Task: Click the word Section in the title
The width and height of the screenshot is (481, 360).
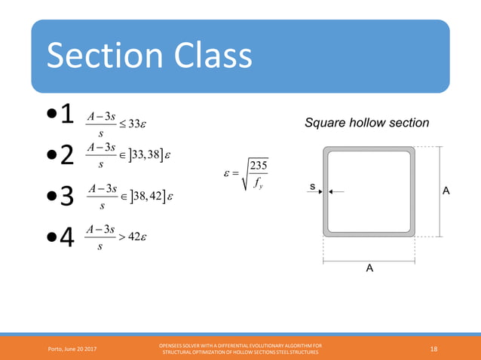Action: pyautogui.click(x=104, y=56)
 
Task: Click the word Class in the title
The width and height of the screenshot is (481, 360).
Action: pyautogui.click(x=209, y=56)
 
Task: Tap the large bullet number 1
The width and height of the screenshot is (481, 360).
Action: pyautogui.click(x=66, y=115)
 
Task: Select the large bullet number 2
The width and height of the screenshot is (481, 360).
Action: pyautogui.click(x=66, y=155)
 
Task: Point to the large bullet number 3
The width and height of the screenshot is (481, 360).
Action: pyautogui.click(x=66, y=197)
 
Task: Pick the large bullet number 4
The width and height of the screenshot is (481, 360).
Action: pyautogui.click(x=66, y=239)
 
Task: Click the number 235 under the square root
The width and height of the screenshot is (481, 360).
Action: pyautogui.click(x=259, y=166)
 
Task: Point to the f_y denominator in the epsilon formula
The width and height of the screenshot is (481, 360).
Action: pyautogui.click(x=259, y=181)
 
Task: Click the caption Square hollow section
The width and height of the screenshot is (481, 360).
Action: pyautogui.click(x=366, y=123)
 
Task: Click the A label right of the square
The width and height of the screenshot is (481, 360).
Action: pyautogui.click(x=446, y=191)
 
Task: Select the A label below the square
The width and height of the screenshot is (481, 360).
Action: pyautogui.click(x=369, y=268)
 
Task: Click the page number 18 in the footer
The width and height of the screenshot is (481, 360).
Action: pyautogui.click(x=434, y=347)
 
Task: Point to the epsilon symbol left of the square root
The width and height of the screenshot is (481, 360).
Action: pyautogui.click(x=228, y=174)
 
